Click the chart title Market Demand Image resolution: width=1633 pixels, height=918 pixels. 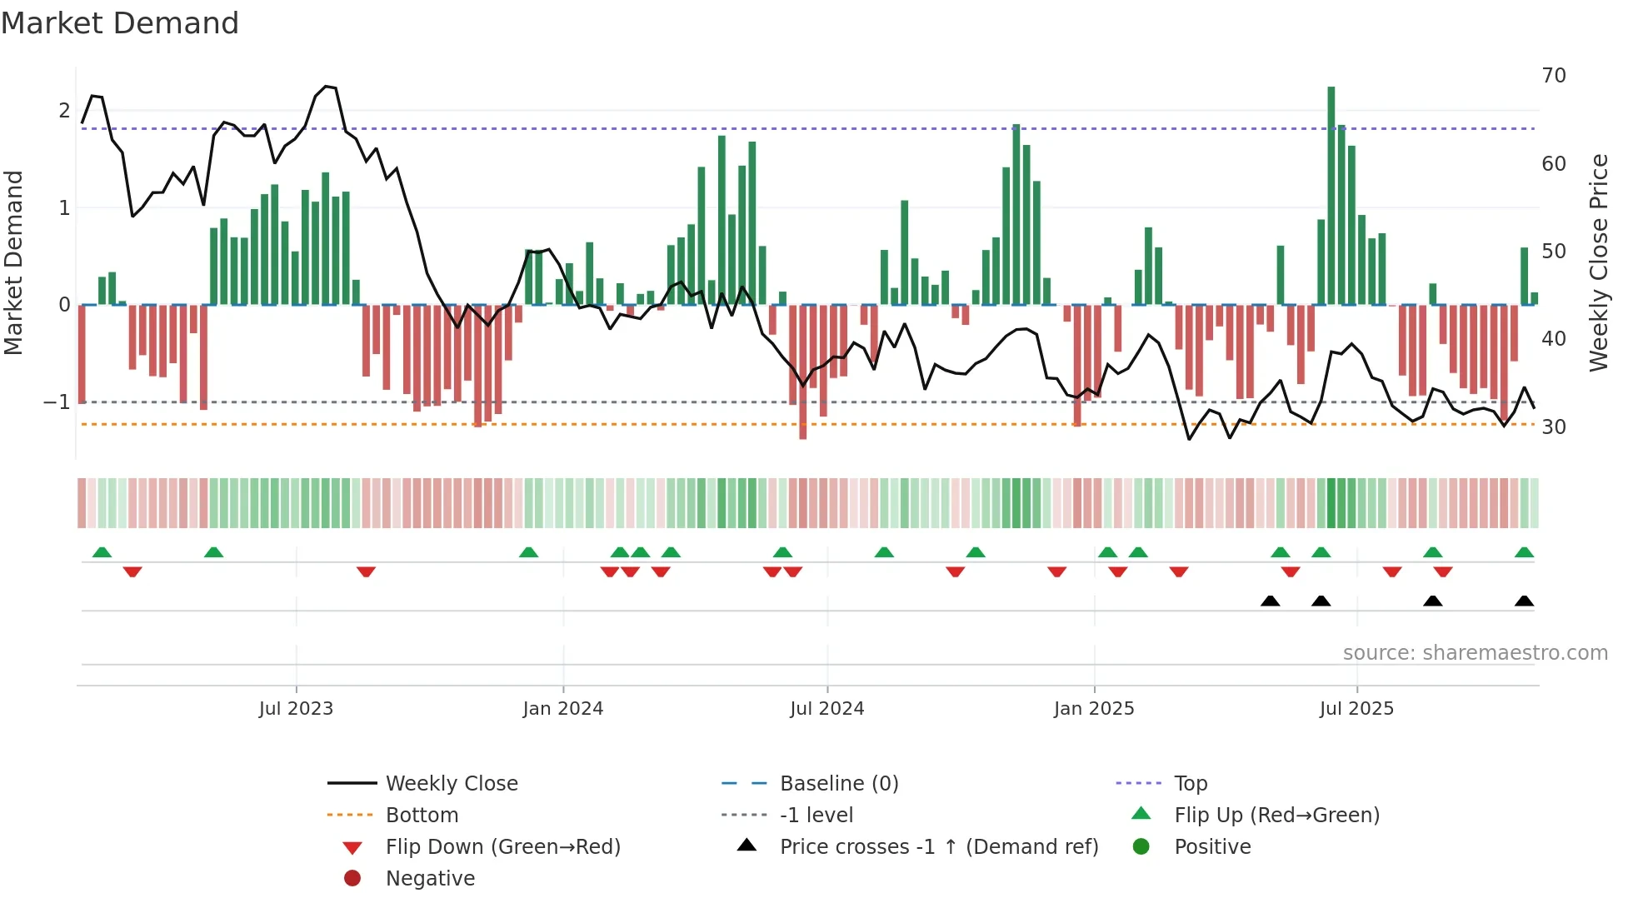point(120,23)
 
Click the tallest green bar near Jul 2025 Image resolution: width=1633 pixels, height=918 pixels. point(1331,196)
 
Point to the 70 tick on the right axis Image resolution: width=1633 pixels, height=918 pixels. point(1553,76)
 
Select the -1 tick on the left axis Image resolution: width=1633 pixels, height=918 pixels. point(57,402)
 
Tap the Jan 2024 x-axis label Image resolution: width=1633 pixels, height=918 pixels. point(562,709)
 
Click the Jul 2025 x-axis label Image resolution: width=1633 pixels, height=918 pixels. point(1356,709)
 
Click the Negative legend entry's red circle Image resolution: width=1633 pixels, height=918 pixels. point(352,879)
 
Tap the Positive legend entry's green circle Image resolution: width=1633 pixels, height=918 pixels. point(1141,847)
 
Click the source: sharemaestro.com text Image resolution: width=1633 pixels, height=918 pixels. point(1475,653)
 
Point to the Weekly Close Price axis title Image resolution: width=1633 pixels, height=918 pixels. point(1598,262)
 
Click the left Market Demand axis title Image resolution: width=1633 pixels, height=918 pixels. point(13,262)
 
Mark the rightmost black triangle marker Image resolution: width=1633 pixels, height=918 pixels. point(1524,601)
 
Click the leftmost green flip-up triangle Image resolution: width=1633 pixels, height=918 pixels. point(102,552)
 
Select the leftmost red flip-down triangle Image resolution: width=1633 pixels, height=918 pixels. point(132,571)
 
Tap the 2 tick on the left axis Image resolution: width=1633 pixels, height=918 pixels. point(64,111)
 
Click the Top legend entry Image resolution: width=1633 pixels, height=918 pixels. point(1190,784)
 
